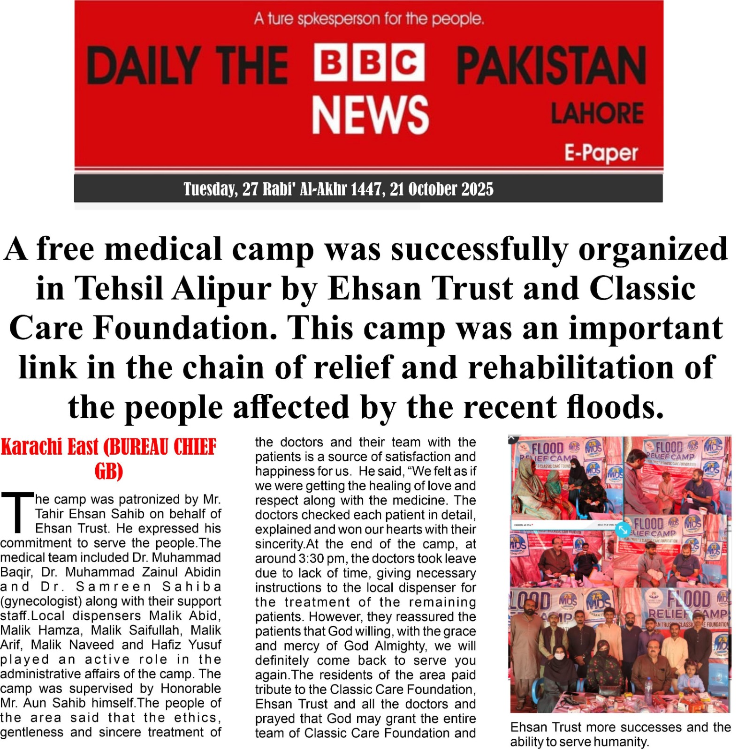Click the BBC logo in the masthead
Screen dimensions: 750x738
[369, 62]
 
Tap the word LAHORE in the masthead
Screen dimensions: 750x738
[597, 113]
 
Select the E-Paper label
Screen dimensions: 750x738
[601, 153]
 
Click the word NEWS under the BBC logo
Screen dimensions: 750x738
[370, 115]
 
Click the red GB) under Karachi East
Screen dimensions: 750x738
[108, 471]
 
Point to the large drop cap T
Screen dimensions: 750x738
[17, 512]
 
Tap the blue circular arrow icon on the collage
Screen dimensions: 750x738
[623, 529]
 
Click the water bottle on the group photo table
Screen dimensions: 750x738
[648, 686]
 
